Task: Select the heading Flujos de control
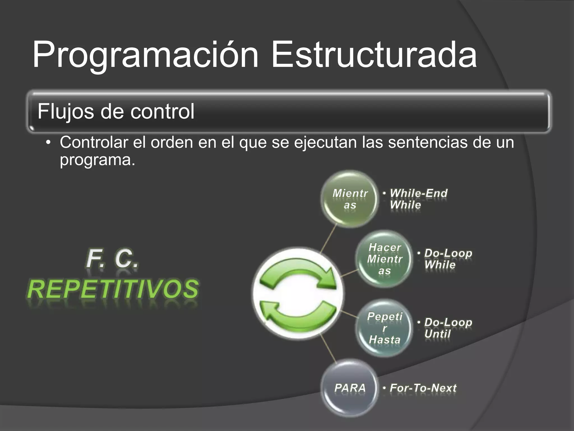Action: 116,111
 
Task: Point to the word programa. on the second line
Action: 97,160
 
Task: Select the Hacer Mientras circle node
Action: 385,259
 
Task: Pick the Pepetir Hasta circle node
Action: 385,328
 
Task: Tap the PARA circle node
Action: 350,388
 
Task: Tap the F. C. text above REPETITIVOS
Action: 112,259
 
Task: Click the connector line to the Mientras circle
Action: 328,239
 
